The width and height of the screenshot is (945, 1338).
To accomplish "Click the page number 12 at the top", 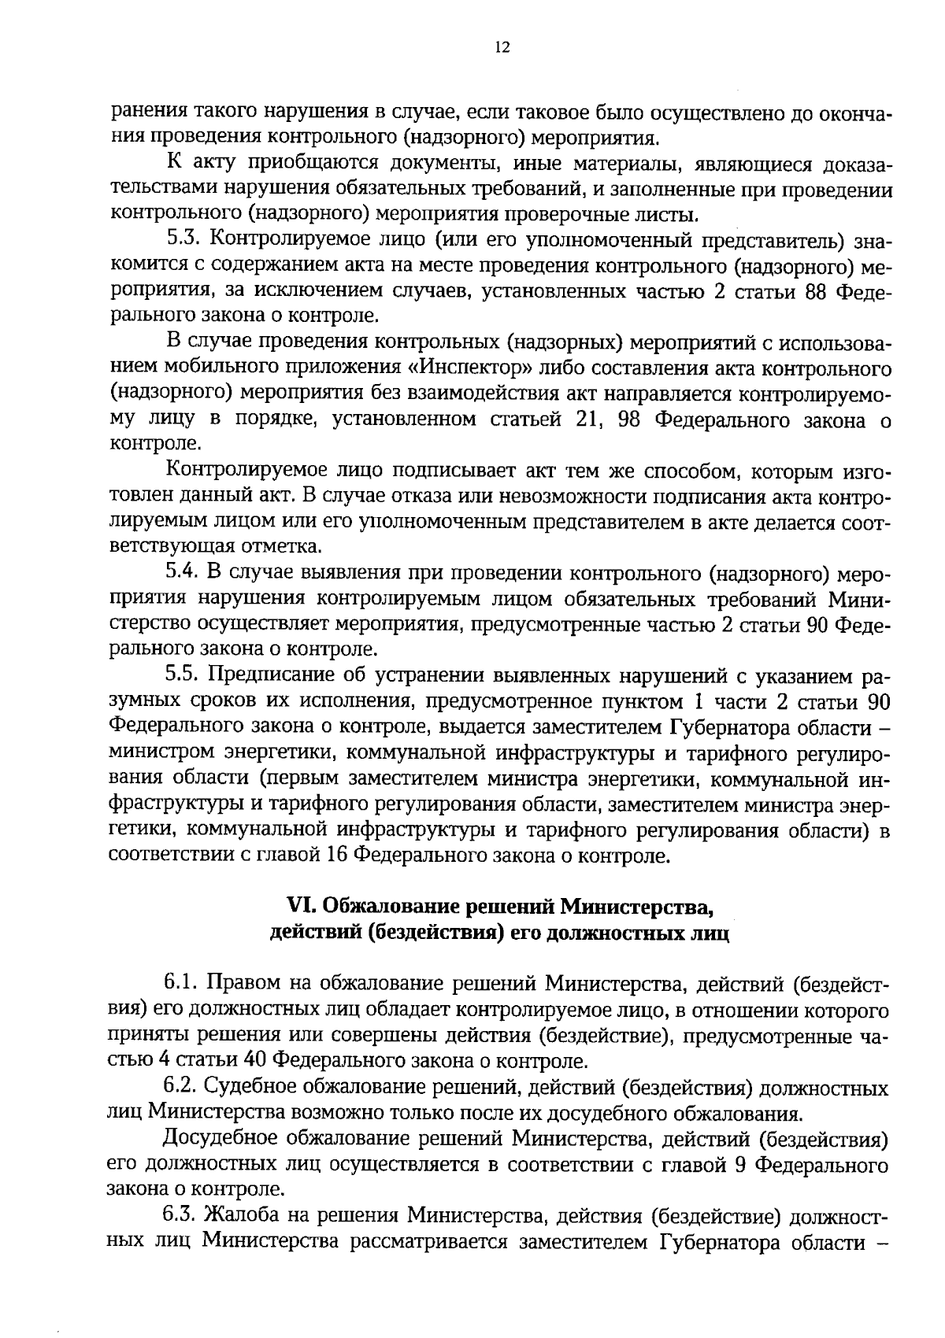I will point(502,48).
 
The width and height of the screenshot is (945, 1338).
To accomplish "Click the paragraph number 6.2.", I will point(183,1089).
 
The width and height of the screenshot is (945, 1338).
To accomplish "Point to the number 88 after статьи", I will point(813,291).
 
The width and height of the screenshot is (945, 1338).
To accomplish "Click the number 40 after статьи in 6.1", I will point(261,1063).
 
